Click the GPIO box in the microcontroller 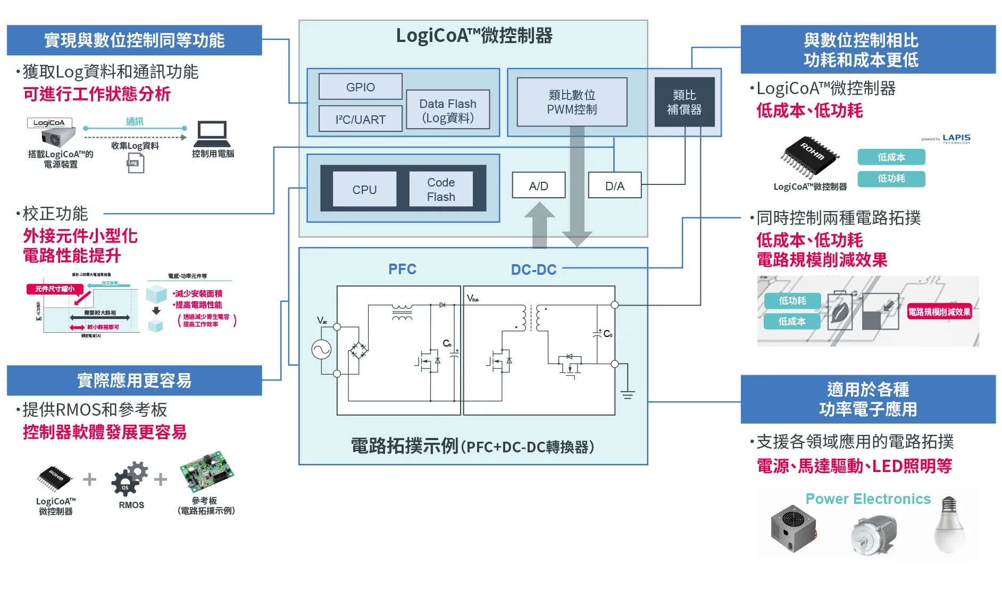pyautogui.click(x=360, y=87)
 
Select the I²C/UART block pyautogui.click(x=360, y=119)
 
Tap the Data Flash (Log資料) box pyautogui.click(x=447, y=110)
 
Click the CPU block pyautogui.click(x=364, y=189)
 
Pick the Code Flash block pyautogui.click(x=441, y=189)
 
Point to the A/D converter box pyautogui.click(x=538, y=186)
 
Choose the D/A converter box pyautogui.click(x=615, y=186)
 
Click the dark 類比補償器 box pyautogui.click(x=684, y=102)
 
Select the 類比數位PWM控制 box pyautogui.click(x=572, y=102)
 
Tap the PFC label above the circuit pyautogui.click(x=402, y=269)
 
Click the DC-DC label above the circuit pyautogui.click(x=533, y=269)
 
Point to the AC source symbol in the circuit pyautogui.click(x=321, y=349)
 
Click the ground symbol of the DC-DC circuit pyautogui.click(x=628, y=394)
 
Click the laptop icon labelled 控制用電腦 pyautogui.click(x=212, y=134)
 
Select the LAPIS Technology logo pyautogui.click(x=956, y=139)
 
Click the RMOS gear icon pyautogui.click(x=130, y=478)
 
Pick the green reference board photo pyautogui.click(x=207, y=471)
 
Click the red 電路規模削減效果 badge pyautogui.click(x=939, y=312)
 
